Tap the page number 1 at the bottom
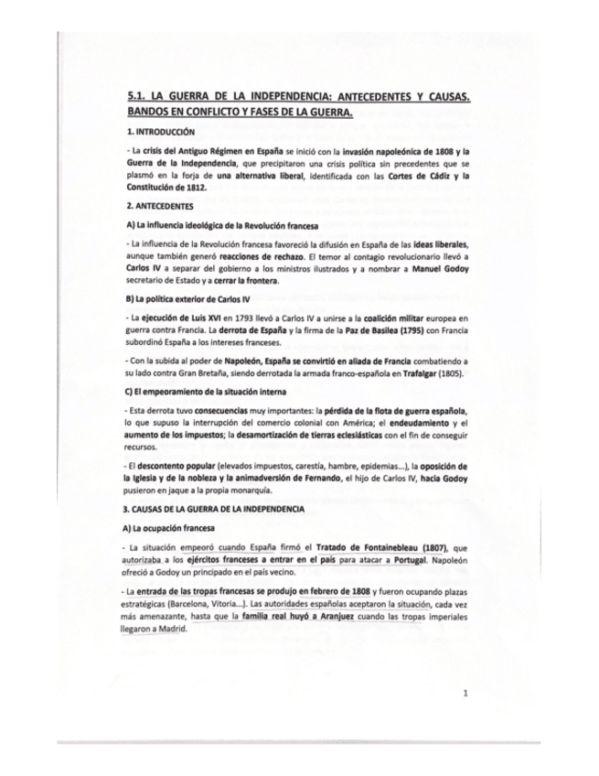coord(465,694)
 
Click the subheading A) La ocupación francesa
coord(170,529)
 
